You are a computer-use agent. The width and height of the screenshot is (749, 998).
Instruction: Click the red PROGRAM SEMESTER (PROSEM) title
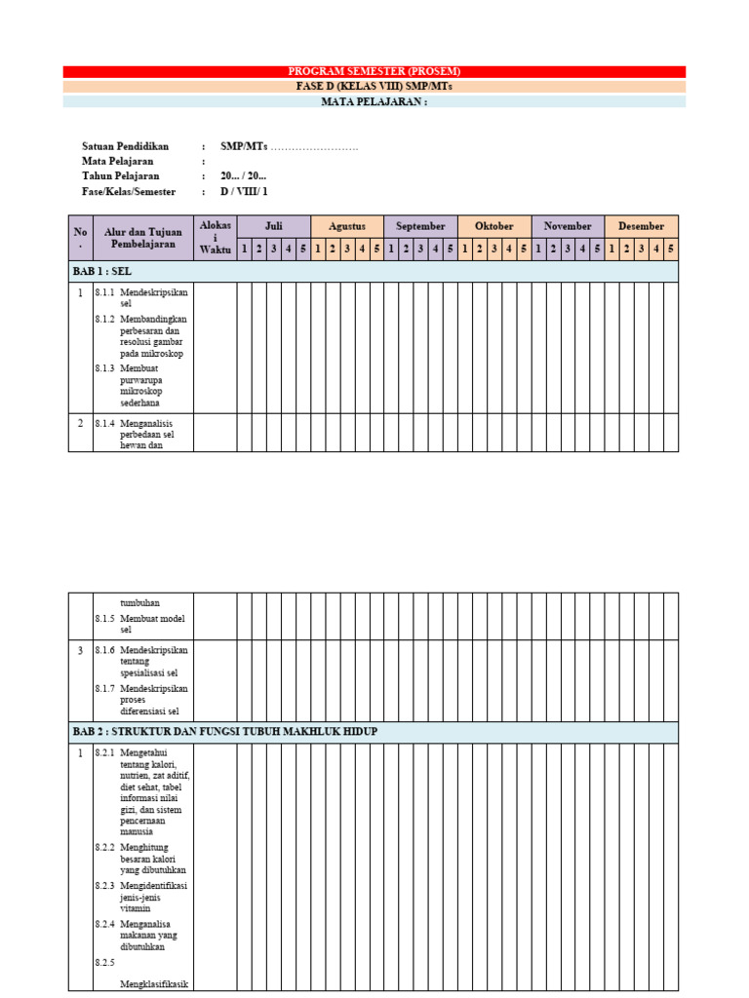click(374, 71)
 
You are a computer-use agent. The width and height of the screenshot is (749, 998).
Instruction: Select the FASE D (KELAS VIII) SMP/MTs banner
click(374, 86)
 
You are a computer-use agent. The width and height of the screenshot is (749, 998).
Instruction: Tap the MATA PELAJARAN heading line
click(374, 101)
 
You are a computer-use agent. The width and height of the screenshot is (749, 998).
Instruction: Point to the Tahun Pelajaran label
click(121, 176)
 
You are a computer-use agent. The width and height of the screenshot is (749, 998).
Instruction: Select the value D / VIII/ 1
click(244, 192)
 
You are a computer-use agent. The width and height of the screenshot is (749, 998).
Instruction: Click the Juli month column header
click(274, 226)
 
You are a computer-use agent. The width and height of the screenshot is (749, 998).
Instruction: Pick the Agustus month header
click(347, 226)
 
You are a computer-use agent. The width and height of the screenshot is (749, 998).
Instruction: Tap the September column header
click(421, 226)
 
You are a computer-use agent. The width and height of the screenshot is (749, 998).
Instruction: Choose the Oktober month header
click(494, 226)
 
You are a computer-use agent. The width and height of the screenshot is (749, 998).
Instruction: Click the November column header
click(568, 226)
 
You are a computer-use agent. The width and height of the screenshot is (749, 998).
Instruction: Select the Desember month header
click(642, 226)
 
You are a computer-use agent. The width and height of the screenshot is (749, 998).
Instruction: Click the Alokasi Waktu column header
click(216, 238)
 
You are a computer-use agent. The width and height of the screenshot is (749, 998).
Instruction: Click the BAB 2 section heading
click(224, 732)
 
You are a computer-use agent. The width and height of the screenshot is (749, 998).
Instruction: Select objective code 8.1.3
click(104, 368)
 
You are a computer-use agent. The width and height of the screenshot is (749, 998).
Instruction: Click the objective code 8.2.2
click(104, 847)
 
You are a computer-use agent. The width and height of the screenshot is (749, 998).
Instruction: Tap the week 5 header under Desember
click(671, 249)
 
